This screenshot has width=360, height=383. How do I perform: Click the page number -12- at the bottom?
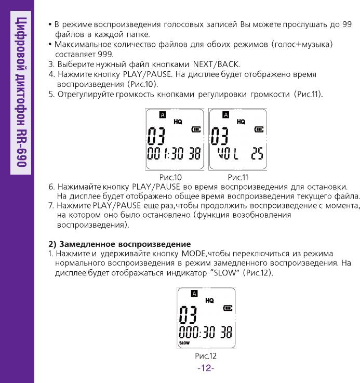[206, 368]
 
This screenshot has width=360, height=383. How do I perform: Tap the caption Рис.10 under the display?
[170, 177]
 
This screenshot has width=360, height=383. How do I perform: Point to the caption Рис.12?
[205, 356]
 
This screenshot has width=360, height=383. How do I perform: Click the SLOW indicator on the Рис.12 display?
[184, 343]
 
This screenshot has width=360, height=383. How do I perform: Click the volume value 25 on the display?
[257, 154]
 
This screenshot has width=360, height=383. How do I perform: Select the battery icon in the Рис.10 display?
[195, 129]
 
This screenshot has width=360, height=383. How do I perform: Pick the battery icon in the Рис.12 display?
[228, 308]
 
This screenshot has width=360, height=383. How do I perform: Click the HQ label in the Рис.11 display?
[241, 122]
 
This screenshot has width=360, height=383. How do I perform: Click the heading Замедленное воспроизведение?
[125, 244]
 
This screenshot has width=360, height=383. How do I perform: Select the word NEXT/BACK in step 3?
[216, 64]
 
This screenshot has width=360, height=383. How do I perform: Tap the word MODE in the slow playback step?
[193, 254]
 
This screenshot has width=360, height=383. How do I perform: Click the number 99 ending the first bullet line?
[346, 24]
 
